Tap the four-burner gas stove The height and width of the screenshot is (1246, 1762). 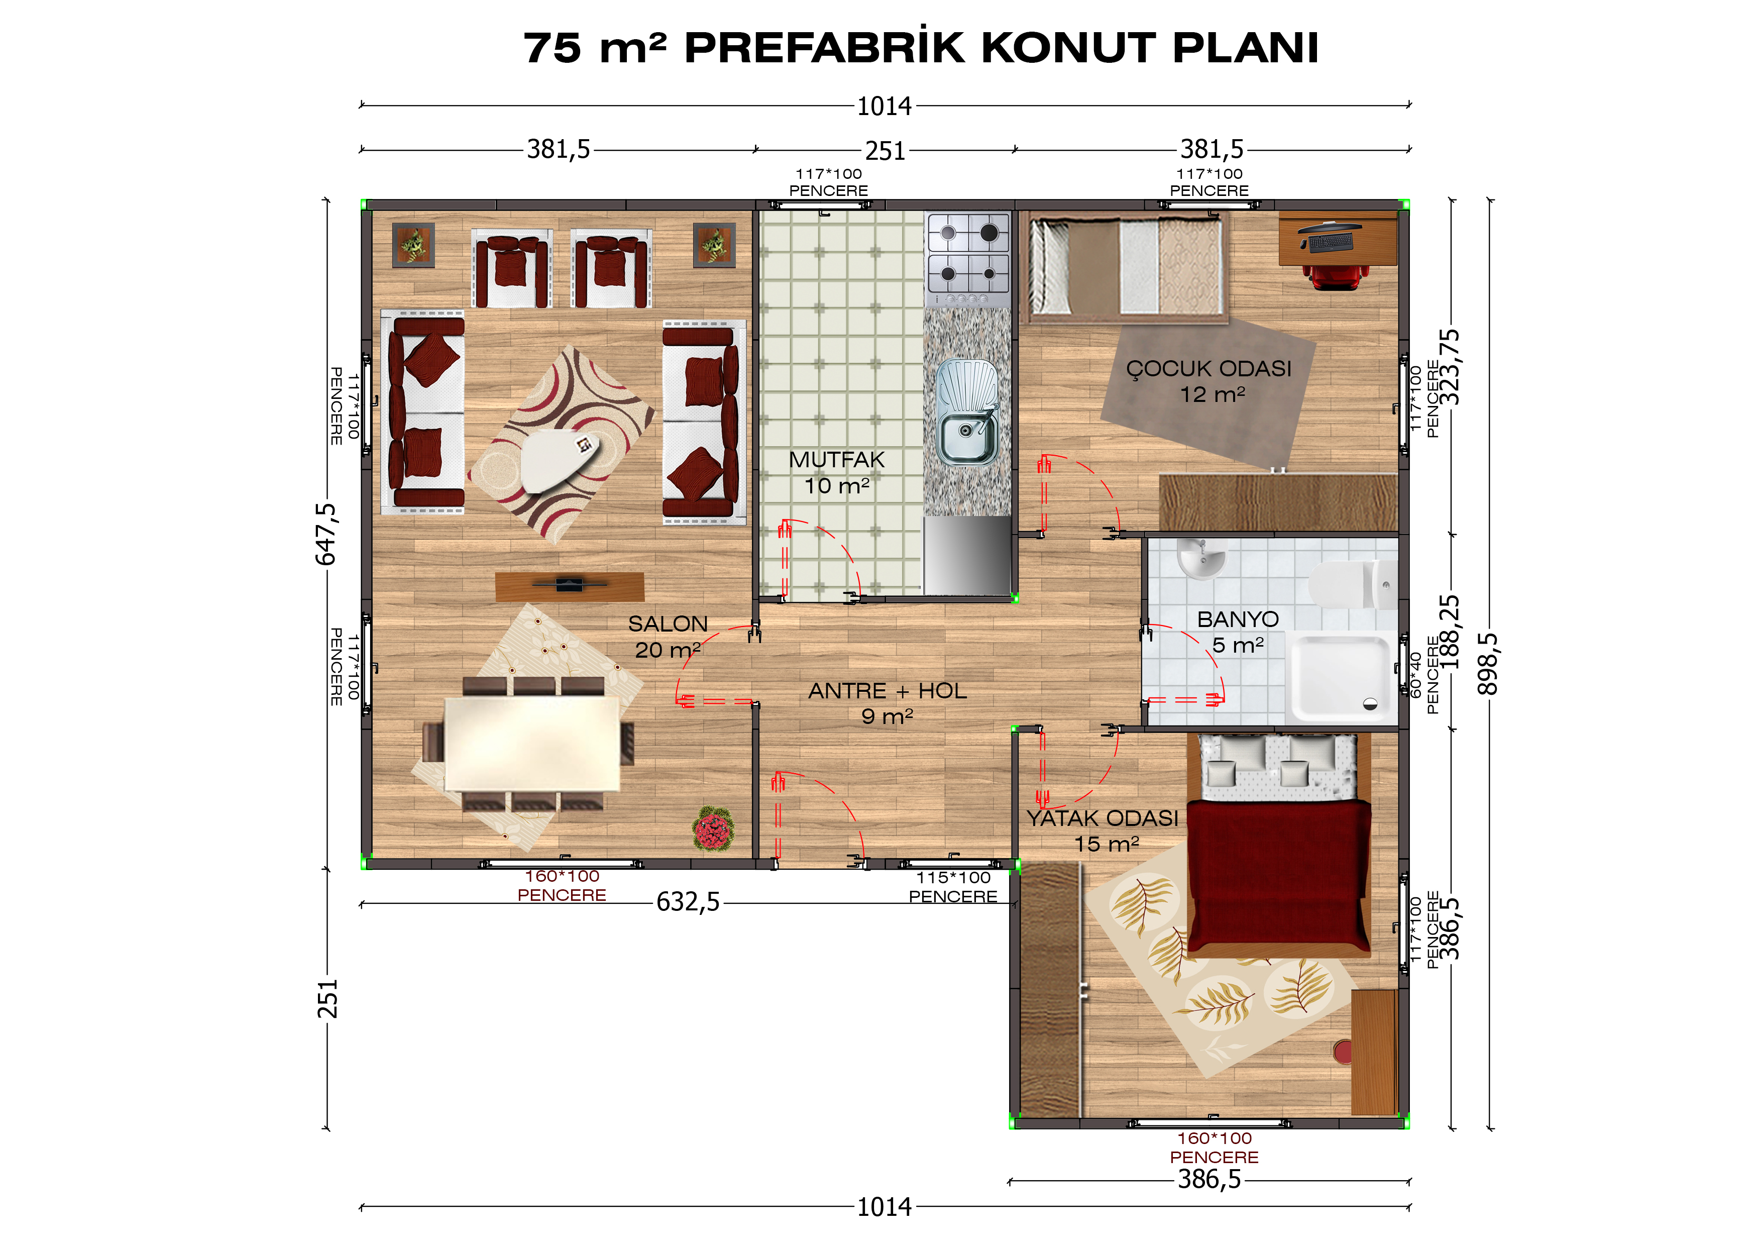968,259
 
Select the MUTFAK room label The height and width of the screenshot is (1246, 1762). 836,460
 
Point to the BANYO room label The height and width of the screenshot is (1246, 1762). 1238,619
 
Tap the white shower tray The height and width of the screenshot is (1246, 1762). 1342,678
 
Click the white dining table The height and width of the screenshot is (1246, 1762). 532,743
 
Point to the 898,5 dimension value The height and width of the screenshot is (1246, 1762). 1487,663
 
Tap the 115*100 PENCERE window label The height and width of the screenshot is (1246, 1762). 953,887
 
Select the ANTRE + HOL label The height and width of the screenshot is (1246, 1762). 887,691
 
